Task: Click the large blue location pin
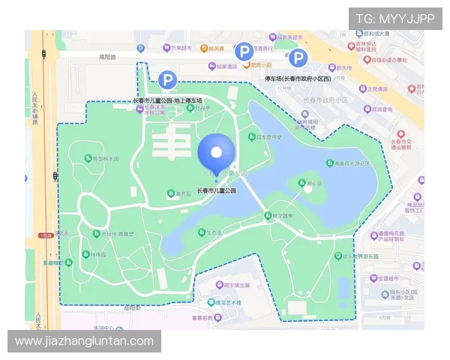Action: [x=216, y=154]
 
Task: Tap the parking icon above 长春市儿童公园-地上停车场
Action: [x=168, y=79]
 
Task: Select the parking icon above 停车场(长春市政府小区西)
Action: [x=298, y=58]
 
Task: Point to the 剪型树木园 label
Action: [x=105, y=159]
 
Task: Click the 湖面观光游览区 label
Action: [x=352, y=163]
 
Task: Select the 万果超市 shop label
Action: [x=178, y=48]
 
